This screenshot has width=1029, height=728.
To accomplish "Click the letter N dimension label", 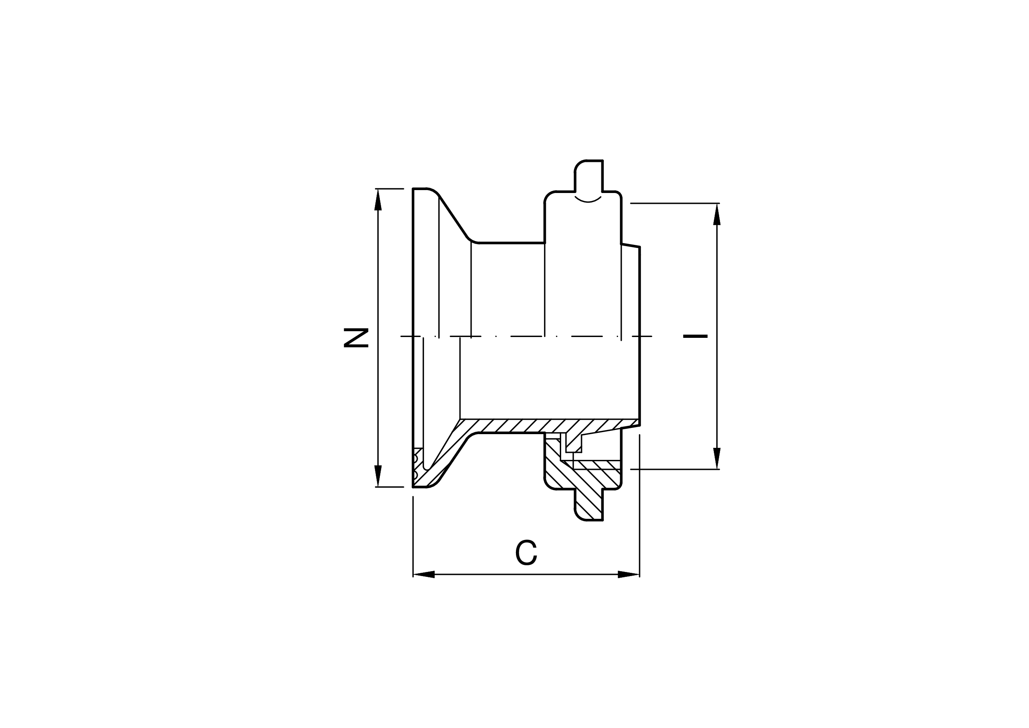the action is click(x=356, y=338).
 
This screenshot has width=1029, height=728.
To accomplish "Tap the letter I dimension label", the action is click(x=695, y=336).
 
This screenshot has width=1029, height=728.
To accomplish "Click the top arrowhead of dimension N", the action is click(x=378, y=199).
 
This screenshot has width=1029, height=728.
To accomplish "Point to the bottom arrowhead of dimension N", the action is click(x=378, y=476).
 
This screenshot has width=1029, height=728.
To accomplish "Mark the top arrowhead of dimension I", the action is click(x=717, y=214).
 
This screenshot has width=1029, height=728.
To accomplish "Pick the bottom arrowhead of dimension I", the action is click(x=717, y=458).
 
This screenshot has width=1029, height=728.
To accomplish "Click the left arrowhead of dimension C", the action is click(x=423, y=574).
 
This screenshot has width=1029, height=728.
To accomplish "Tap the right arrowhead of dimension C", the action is click(x=629, y=574).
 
